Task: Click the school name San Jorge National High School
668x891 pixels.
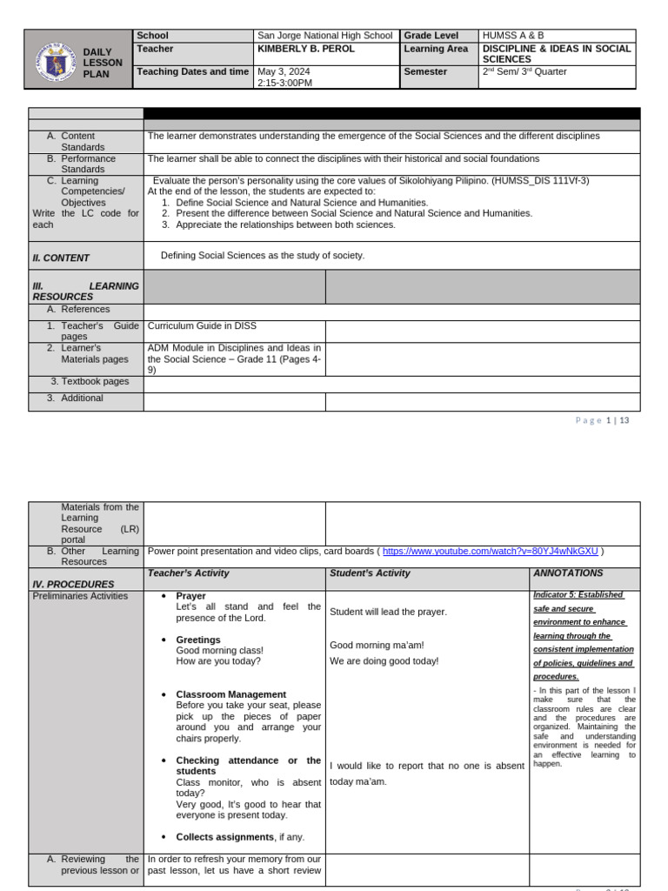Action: click(324, 36)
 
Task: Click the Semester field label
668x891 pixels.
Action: click(425, 71)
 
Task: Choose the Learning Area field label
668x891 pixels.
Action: click(436, 50)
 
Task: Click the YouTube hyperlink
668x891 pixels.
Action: click(491, 551)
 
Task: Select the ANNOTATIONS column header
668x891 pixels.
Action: click(567, 573)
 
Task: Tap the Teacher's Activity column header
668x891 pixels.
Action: click(189, 573)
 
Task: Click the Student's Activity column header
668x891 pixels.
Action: click(370, 573)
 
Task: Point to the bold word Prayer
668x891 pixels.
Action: click(191, 596)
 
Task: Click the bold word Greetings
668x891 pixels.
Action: click(198, 640)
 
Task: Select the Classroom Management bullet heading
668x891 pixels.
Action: click(230, 694)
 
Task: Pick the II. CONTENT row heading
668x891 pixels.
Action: click(61, 258)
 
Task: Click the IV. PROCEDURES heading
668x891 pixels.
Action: click(73, 585)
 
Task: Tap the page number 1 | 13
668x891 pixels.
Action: click(618, 420)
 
